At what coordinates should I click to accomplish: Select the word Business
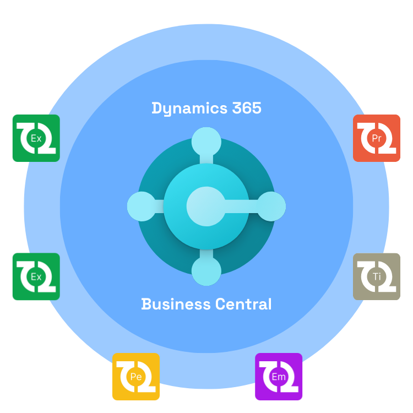(x=176, y=304)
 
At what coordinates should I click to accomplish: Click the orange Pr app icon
(x=377, y=138)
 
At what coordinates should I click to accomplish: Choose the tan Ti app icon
(x=377, y=276)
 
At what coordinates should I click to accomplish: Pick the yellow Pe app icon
(x=135, y=377)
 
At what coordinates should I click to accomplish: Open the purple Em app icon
(x=279, y=377)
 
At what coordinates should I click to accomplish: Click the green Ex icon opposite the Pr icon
(x=36, y=138)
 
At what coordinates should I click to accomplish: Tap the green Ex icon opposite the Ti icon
(x=36, y=276)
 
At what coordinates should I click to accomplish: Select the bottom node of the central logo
(x=206, y=271)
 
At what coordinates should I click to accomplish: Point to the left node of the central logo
(x=142, y=206)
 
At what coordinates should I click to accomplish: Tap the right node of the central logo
(x=271, y=206)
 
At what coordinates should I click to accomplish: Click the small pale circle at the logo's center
(x=205, y=206)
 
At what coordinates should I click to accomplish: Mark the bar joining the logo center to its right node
(x=241, y=206)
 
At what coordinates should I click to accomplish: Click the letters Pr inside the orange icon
(x=377, y=138)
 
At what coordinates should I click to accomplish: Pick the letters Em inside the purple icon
(x=279, y=377)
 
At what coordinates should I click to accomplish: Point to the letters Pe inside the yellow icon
(x=135, y=377)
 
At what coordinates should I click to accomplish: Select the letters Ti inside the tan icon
(x=377, y=276)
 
